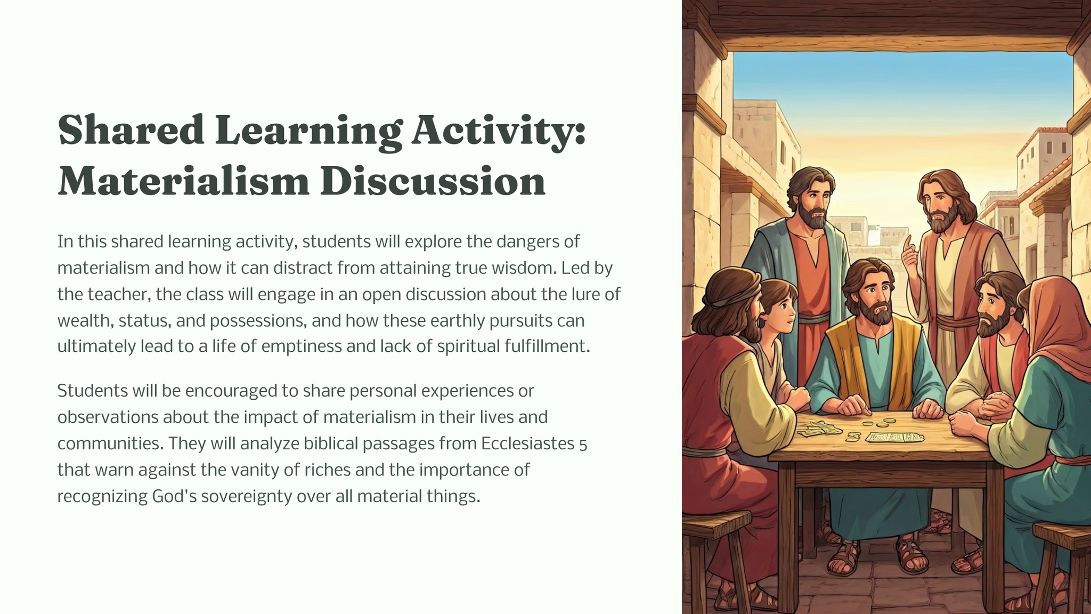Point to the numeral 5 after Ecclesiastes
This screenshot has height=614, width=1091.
583,445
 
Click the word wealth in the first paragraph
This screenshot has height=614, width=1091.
85,321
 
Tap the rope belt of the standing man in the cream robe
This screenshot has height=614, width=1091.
957,322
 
